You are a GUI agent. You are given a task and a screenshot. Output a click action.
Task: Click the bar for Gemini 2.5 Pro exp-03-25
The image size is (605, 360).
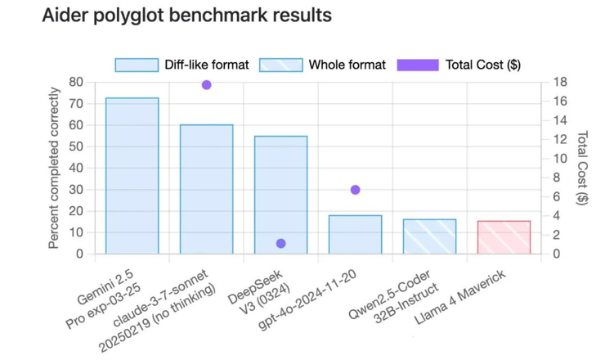tap(132, 176)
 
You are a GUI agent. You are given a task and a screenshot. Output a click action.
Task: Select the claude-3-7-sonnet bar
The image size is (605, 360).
tap(207, 189)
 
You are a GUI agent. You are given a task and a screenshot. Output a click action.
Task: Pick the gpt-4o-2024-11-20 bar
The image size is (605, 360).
tap(355, 234)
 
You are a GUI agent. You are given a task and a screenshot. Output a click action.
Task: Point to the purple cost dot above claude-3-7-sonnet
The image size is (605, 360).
tap(207, 85)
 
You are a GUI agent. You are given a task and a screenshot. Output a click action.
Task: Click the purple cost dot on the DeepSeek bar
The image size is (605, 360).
tap(280, 243)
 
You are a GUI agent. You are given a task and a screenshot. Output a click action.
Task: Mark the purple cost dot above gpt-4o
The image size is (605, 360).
tap(355, 190)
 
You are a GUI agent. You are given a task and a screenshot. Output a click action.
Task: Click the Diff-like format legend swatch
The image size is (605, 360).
tap(137, 65)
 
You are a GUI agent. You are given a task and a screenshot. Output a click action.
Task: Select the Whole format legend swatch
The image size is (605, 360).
tap(280, 65)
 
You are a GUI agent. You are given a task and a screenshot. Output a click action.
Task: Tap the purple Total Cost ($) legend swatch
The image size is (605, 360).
tap(418, 65)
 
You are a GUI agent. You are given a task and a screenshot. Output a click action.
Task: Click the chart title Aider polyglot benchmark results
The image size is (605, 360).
tap(187, 16)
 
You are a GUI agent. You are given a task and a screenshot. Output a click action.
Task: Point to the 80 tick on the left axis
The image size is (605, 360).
tap(76, 82)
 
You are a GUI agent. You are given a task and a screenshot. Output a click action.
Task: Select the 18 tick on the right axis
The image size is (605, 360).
tap(559, 82)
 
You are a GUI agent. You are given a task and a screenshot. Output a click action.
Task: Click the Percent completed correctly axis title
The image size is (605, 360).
tap(54, 168)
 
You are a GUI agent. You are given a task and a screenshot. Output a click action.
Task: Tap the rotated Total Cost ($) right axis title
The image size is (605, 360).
tap(582, 168)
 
